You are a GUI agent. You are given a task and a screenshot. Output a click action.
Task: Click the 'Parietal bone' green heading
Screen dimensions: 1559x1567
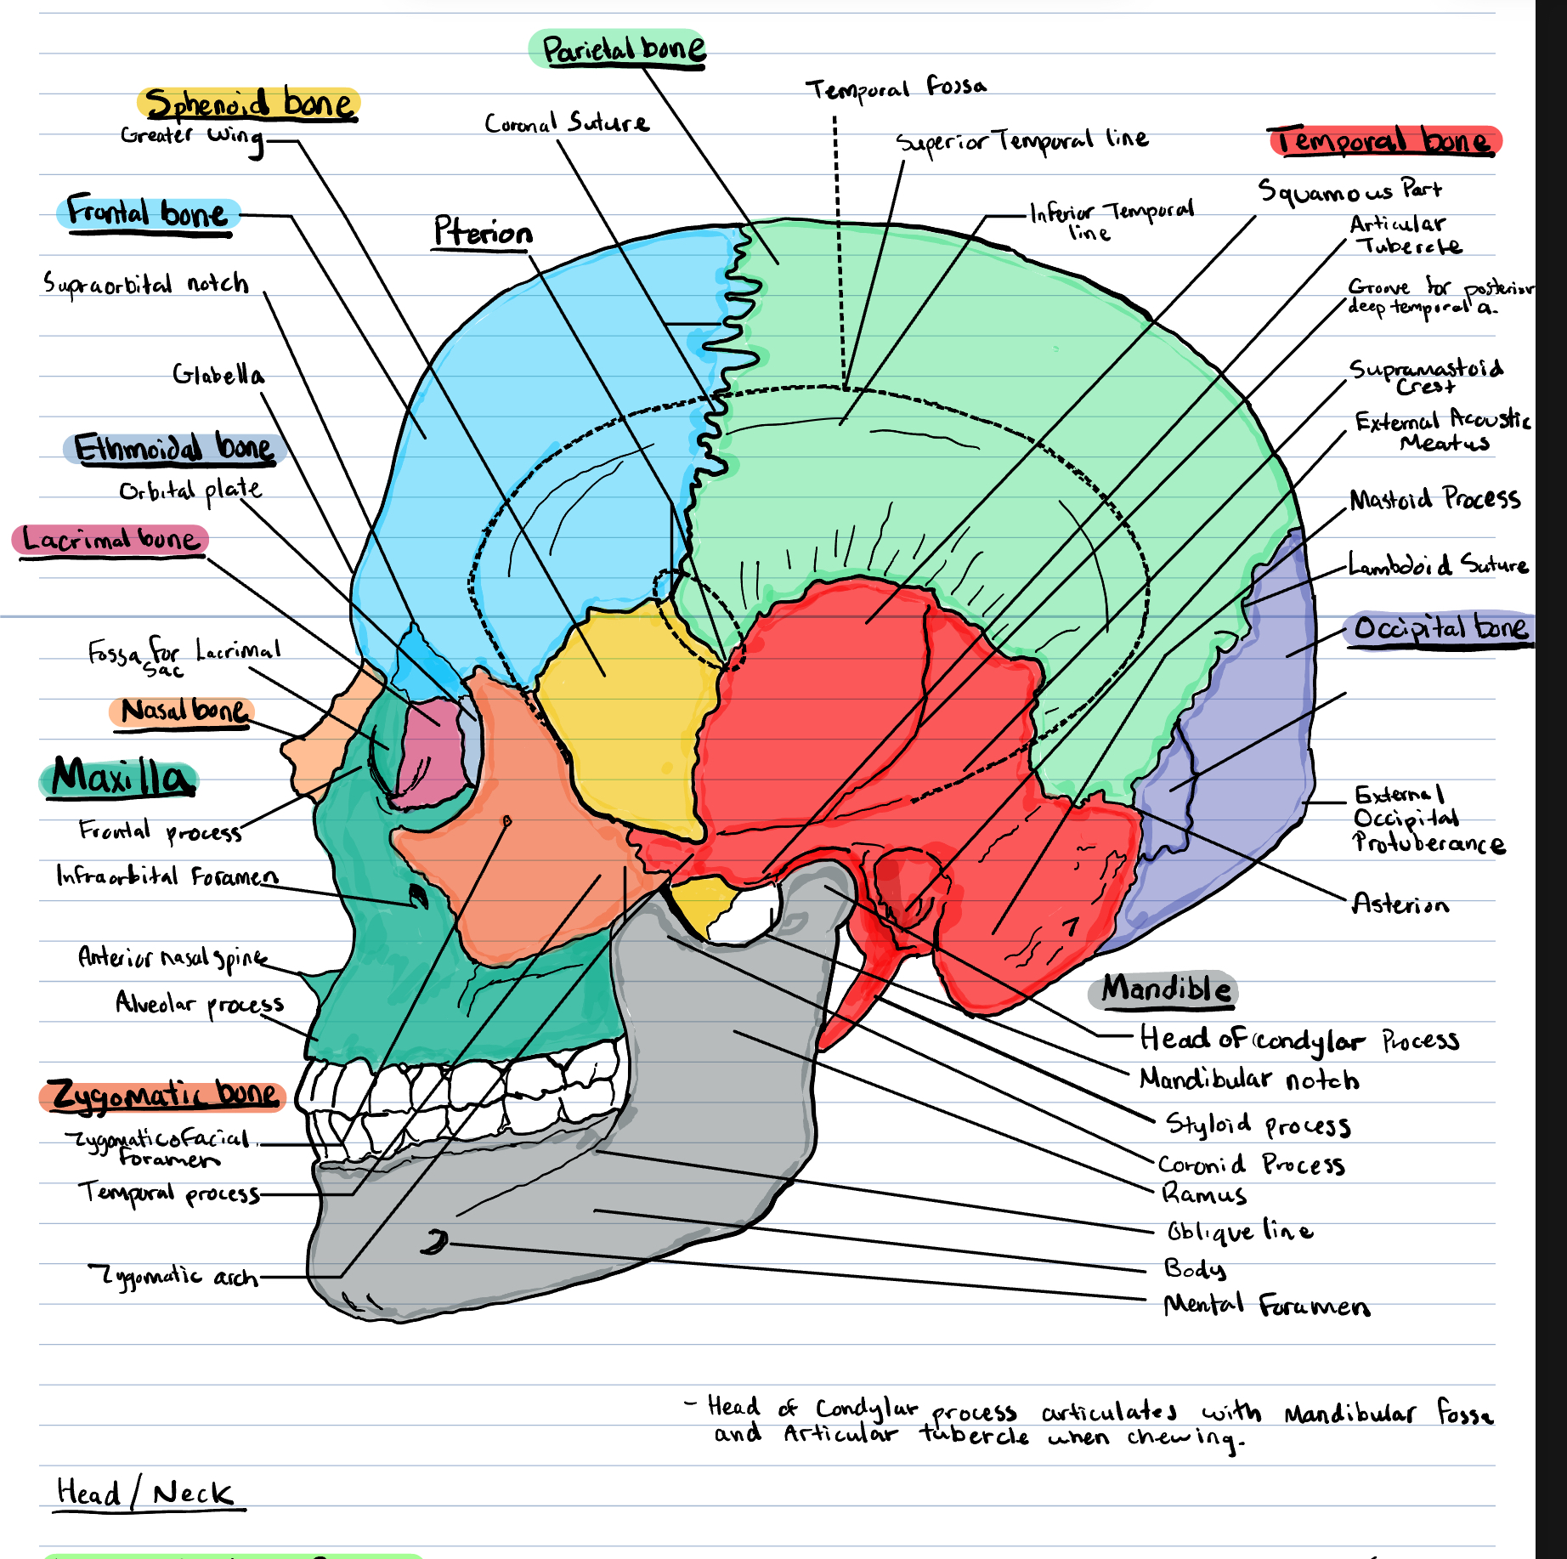tap(623, 50)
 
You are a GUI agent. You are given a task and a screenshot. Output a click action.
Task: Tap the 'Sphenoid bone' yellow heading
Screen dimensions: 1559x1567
tap(249, 104)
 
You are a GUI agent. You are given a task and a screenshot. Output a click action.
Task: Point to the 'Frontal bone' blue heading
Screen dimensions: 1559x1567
tap(148, 212)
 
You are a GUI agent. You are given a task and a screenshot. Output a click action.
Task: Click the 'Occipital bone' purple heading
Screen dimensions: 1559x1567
tap(1441, 628)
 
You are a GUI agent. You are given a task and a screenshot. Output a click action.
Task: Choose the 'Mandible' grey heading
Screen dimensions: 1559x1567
tap(1165, 989)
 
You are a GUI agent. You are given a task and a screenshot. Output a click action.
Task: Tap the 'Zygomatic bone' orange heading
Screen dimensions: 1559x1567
tap(165, 1094)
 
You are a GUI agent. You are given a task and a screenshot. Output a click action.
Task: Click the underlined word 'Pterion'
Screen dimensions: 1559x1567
tap(483, 232)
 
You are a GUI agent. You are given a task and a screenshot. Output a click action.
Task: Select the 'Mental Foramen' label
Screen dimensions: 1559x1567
tap(1266, 1305)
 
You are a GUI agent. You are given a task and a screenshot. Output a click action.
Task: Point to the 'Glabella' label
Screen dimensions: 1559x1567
tap(218, 374)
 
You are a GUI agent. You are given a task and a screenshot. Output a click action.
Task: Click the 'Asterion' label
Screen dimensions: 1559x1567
tap(1400, 903)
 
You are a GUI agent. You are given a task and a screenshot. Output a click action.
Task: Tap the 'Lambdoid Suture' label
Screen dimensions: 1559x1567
tap(1438, 564)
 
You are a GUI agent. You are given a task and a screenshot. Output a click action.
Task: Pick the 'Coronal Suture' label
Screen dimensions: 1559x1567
tap(567, 123)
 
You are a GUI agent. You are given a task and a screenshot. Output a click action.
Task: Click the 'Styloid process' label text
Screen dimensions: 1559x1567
tap(1258, 1125)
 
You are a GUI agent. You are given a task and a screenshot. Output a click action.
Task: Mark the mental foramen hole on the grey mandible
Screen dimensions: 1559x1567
tap(434, 1243)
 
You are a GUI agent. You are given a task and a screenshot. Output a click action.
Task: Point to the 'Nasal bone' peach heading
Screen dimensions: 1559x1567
tap(183, 711)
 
